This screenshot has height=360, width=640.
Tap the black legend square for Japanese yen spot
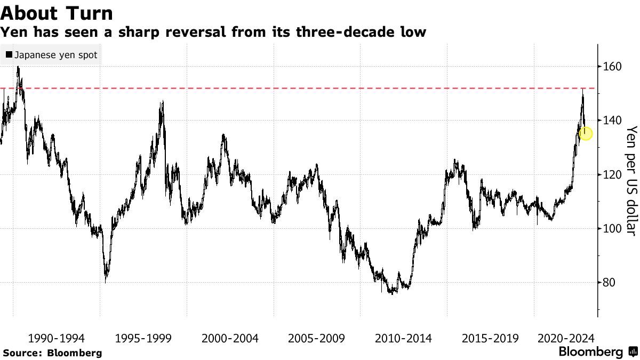(x=9, y=54)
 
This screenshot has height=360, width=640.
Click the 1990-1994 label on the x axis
(x=55, y=338)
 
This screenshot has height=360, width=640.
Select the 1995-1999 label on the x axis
(x=142, y=338)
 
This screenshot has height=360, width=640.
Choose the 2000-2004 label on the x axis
(x=229, y=338)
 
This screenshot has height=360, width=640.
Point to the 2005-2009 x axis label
(x=316, y=338)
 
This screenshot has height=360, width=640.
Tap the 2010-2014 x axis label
(x=403, y=338)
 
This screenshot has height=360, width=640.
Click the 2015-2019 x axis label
(x=490, y=338)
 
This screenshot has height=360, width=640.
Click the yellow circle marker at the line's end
(x=586, y=133)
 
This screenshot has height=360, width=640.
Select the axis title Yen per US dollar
(x=631, y=180)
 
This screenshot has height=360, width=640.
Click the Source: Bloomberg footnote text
(x=52, y=353)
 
